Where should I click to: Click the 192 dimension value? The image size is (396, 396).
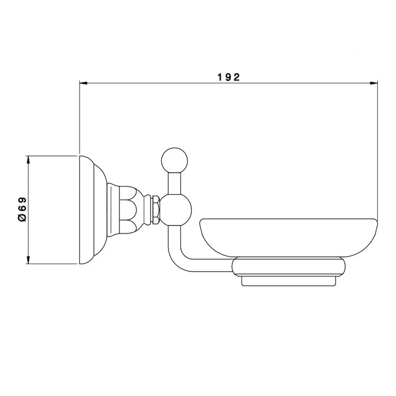[x=229, y=77]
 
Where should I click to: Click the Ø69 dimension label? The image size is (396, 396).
[x=22, y=209]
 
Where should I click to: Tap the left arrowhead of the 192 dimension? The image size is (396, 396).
[x=83, y=83]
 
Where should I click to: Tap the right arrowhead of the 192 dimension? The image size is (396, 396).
[x=374, y=83]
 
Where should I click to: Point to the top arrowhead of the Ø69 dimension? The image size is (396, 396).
[x=28, y=160]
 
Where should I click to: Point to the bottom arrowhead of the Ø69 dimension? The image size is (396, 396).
[x=28, y=260]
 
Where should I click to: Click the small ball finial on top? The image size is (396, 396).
[x=174, y=161]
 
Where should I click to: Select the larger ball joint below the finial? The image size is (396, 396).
[x=176, y=210]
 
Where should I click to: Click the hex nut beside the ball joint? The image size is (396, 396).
[x=156, y=209]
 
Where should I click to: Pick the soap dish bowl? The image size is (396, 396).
[x=289, y=238]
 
